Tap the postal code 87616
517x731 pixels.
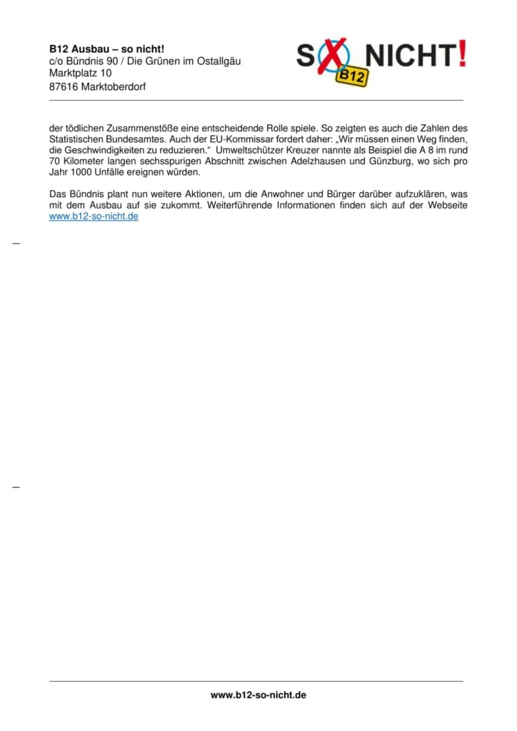pos(64,86)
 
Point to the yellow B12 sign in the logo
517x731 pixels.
pos(352,74)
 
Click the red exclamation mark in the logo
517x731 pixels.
pos(463,54)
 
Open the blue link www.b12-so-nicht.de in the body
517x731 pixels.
pos(94,216)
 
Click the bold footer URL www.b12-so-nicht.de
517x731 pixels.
pos(258,695)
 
